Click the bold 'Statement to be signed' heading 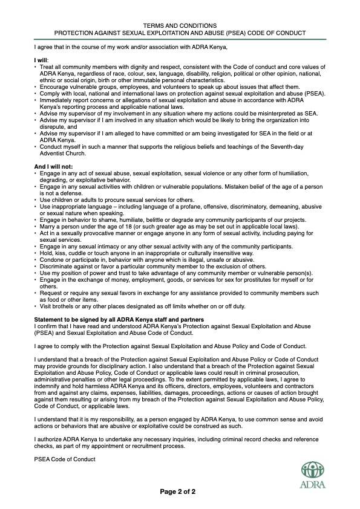pos(119,319)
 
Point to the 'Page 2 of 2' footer pos(178,492)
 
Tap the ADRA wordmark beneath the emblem pos(312,484)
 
